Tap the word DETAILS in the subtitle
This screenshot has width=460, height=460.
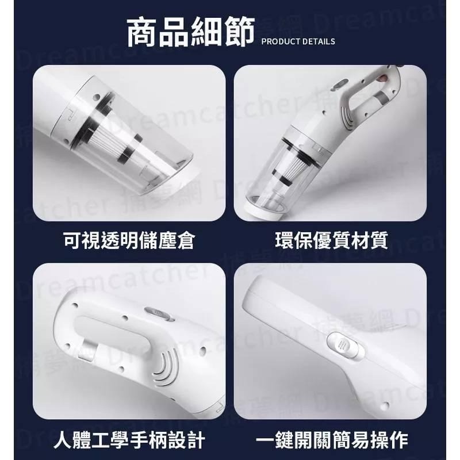(319, 41)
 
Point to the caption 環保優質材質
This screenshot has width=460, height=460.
(331, 240)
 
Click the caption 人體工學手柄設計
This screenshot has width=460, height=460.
(129, 441)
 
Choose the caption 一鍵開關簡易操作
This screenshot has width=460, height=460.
(332, 441)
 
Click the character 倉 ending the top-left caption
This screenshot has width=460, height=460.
(183, 240)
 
